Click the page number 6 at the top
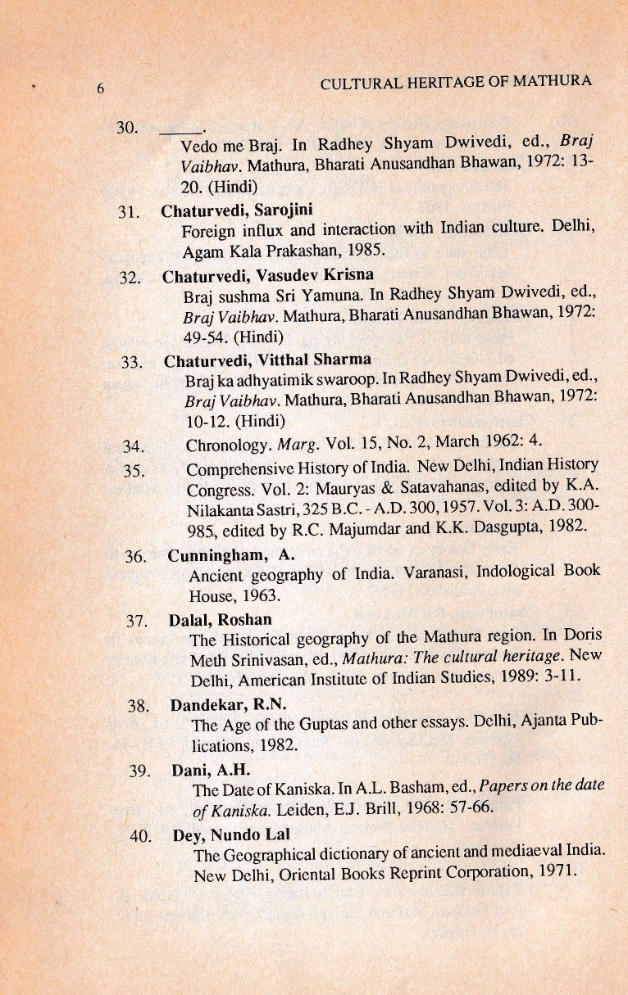point(100,90)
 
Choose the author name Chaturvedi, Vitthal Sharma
point(267,360)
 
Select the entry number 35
point(133,470)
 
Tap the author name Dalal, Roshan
point(221,619)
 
